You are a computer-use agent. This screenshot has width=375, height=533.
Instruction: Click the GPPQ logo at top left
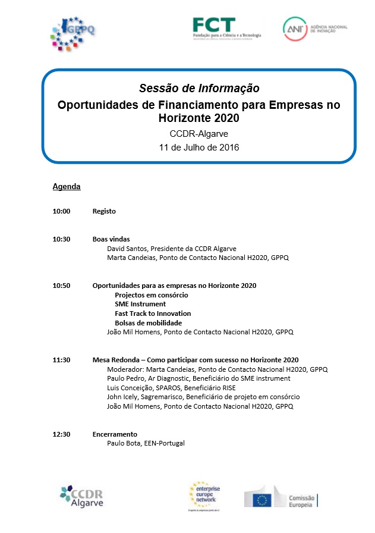[73, 33]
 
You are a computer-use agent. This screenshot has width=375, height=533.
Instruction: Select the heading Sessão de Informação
[199, 89]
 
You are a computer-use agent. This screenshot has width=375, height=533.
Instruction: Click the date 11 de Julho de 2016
[199, 147]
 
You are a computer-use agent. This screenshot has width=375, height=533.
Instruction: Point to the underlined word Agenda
[67, 187]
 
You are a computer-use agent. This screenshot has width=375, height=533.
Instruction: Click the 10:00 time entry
[61, 211]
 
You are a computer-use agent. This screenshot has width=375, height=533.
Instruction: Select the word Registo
[104, 211]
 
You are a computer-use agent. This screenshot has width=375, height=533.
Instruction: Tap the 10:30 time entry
[61, 239]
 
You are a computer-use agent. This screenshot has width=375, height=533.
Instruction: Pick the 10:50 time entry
[61, 286]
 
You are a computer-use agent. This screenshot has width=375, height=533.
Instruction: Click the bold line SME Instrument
[140, 304]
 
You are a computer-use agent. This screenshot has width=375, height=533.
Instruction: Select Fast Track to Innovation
[153, 313]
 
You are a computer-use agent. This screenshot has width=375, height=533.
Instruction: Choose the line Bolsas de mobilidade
[148, 323]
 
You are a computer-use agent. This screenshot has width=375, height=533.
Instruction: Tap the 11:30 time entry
[61, 360]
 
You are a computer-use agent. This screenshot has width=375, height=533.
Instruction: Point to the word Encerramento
[115, 434]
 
